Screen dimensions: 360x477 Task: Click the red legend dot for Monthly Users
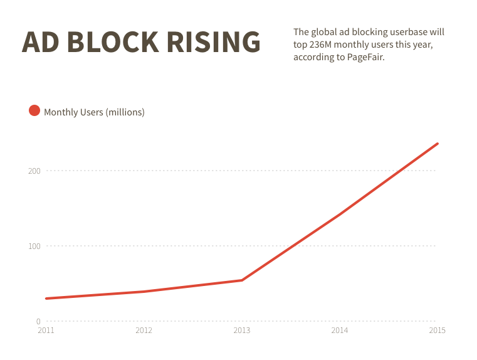(34, 111)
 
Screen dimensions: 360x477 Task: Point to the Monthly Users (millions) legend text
(94, 112)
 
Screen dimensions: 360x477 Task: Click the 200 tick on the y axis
(34, 171)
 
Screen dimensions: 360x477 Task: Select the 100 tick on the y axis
(34, 246)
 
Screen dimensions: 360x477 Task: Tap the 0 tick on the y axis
(38, 321)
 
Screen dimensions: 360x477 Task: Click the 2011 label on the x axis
(46, 331)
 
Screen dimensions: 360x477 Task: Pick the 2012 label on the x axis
(144, 331)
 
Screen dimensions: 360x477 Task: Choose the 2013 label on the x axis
(241, 331)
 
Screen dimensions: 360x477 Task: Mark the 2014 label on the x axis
(339, 331)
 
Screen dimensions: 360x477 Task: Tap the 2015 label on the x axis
(437, 331)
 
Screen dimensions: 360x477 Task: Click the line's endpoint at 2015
(437, 144)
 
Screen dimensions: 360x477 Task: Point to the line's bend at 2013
(241, 280)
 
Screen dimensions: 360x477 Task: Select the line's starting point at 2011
(46, 299)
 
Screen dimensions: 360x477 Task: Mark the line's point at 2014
(339, 214)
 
